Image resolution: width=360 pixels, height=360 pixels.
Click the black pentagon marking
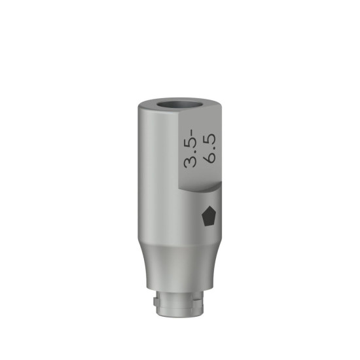pos(209,216)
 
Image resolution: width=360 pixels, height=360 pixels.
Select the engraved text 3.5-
pos(190,149)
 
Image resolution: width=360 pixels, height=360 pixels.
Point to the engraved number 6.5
pos(210,148)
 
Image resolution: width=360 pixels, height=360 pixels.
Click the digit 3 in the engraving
pos(190,162)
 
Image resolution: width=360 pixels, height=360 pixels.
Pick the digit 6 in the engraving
pos(210,158)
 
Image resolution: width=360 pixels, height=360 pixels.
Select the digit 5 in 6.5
pos(210,139)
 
